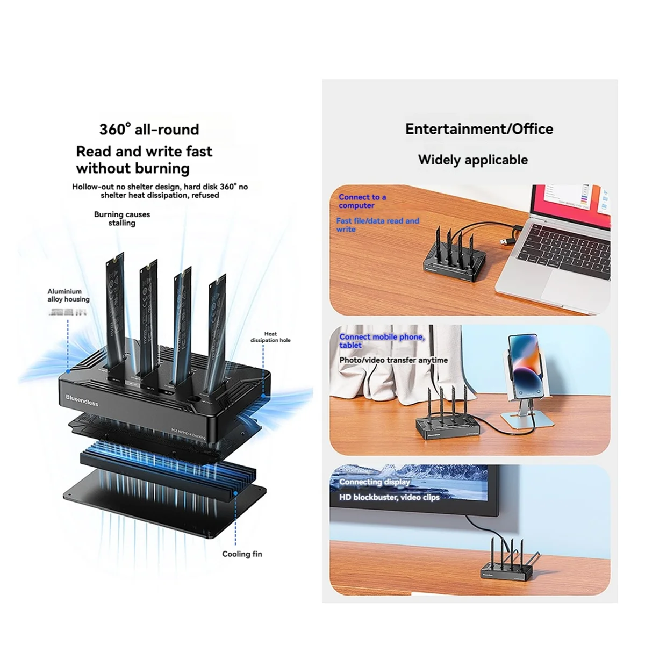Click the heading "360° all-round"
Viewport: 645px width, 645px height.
(149, 130)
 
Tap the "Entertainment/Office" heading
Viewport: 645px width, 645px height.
(479, 129)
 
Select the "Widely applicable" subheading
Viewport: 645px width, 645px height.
(472, 160)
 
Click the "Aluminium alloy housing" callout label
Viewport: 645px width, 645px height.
(68, 295)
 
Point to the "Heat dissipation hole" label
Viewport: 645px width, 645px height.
(270, 337)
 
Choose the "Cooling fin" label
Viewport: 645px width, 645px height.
(242, 554)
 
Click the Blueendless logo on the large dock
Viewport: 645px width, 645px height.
(82, 399)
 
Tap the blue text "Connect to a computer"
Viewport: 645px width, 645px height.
(362, 201)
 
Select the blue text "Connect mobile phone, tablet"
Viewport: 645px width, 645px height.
(382, 341)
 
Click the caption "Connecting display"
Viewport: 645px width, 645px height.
(374, 482)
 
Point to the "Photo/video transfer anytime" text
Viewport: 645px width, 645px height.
(393, 360)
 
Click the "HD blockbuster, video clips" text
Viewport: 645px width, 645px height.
(389, 497)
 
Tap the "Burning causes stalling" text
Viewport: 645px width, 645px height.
(122, 218)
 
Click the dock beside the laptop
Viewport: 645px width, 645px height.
(451, 263)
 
